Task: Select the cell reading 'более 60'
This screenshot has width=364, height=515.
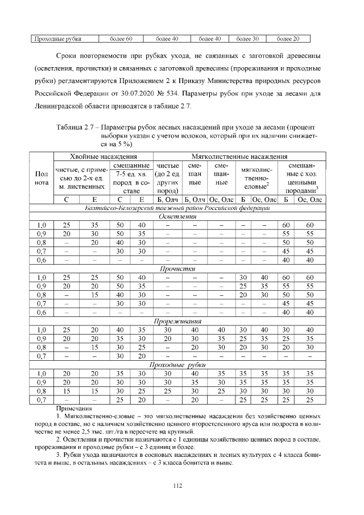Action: (121, 39)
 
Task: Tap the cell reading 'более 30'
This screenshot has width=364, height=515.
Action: (247, 39)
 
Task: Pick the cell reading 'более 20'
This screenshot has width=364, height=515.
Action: (288, 39)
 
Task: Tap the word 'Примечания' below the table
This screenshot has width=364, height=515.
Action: (74, 409)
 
